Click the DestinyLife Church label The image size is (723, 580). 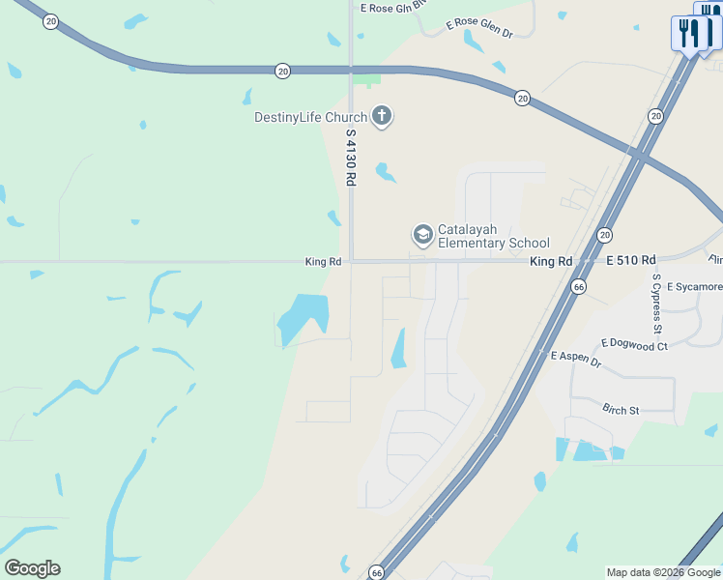310,118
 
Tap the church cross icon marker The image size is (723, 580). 382,117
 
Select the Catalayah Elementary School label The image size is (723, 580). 493,236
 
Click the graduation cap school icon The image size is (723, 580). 422,235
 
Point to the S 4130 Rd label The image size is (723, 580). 352,159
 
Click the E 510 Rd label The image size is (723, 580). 631,260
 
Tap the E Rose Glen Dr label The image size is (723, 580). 478,28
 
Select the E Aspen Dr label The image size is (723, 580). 576,357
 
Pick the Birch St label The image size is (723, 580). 621,410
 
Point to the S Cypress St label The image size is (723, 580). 658,304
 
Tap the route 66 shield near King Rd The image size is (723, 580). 578,287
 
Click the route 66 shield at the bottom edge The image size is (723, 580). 376,572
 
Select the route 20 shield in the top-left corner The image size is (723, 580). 51,20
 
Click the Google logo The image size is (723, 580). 33,568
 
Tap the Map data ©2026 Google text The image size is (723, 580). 663,572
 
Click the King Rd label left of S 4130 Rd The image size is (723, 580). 323,262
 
